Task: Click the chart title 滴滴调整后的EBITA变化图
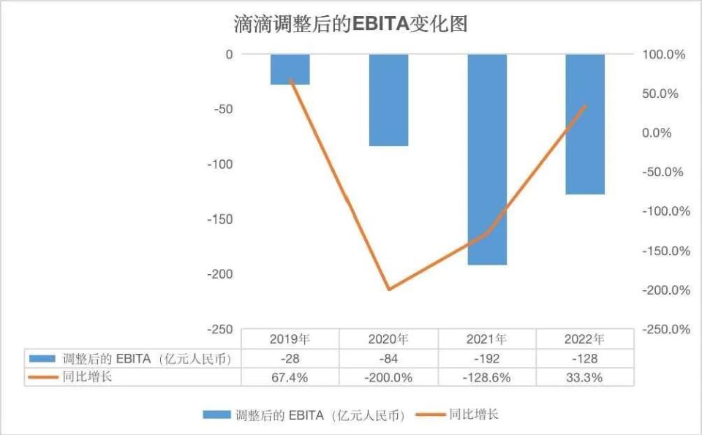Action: (350, 24)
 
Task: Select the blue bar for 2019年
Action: (290, 69)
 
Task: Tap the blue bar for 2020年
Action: (388, 100)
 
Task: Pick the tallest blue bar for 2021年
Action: (487, 159)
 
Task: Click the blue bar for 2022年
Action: (585, 124)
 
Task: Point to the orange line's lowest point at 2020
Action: (388, 290)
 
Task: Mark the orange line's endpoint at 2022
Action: (585, 106)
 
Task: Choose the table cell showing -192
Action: (487, 358)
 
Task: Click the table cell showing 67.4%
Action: (290, 377)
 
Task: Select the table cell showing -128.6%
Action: (487, 377)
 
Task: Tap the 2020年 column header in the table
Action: (388, 339)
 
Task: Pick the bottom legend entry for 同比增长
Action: (472, 415)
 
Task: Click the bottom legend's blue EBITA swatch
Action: (216, 415)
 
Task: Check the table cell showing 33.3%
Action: (585, 377)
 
